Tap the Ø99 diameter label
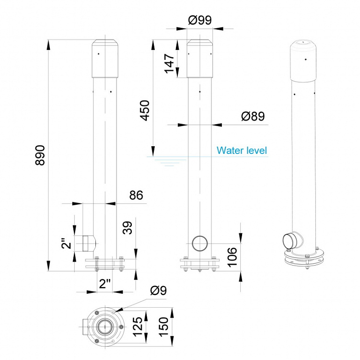click(200, 20)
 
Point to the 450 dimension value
click(144, 110)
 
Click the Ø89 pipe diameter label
click(253, 116)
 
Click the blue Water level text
click(242, 150)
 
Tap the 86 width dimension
click(137, 195)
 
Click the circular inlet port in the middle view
click(199, 243)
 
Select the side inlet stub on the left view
click(88, 243)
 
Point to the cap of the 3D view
click(304, 60)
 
